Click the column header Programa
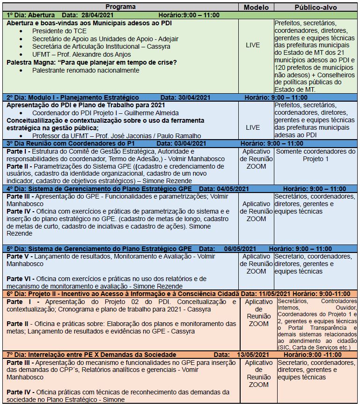(121, 7)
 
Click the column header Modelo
(257, 7)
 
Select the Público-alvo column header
(316, 7)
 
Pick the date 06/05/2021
(240, 249)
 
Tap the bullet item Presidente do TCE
(53, 31)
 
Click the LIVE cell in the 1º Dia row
(253, 45)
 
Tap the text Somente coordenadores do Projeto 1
(316, 155)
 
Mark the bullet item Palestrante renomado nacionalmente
(86, 70)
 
